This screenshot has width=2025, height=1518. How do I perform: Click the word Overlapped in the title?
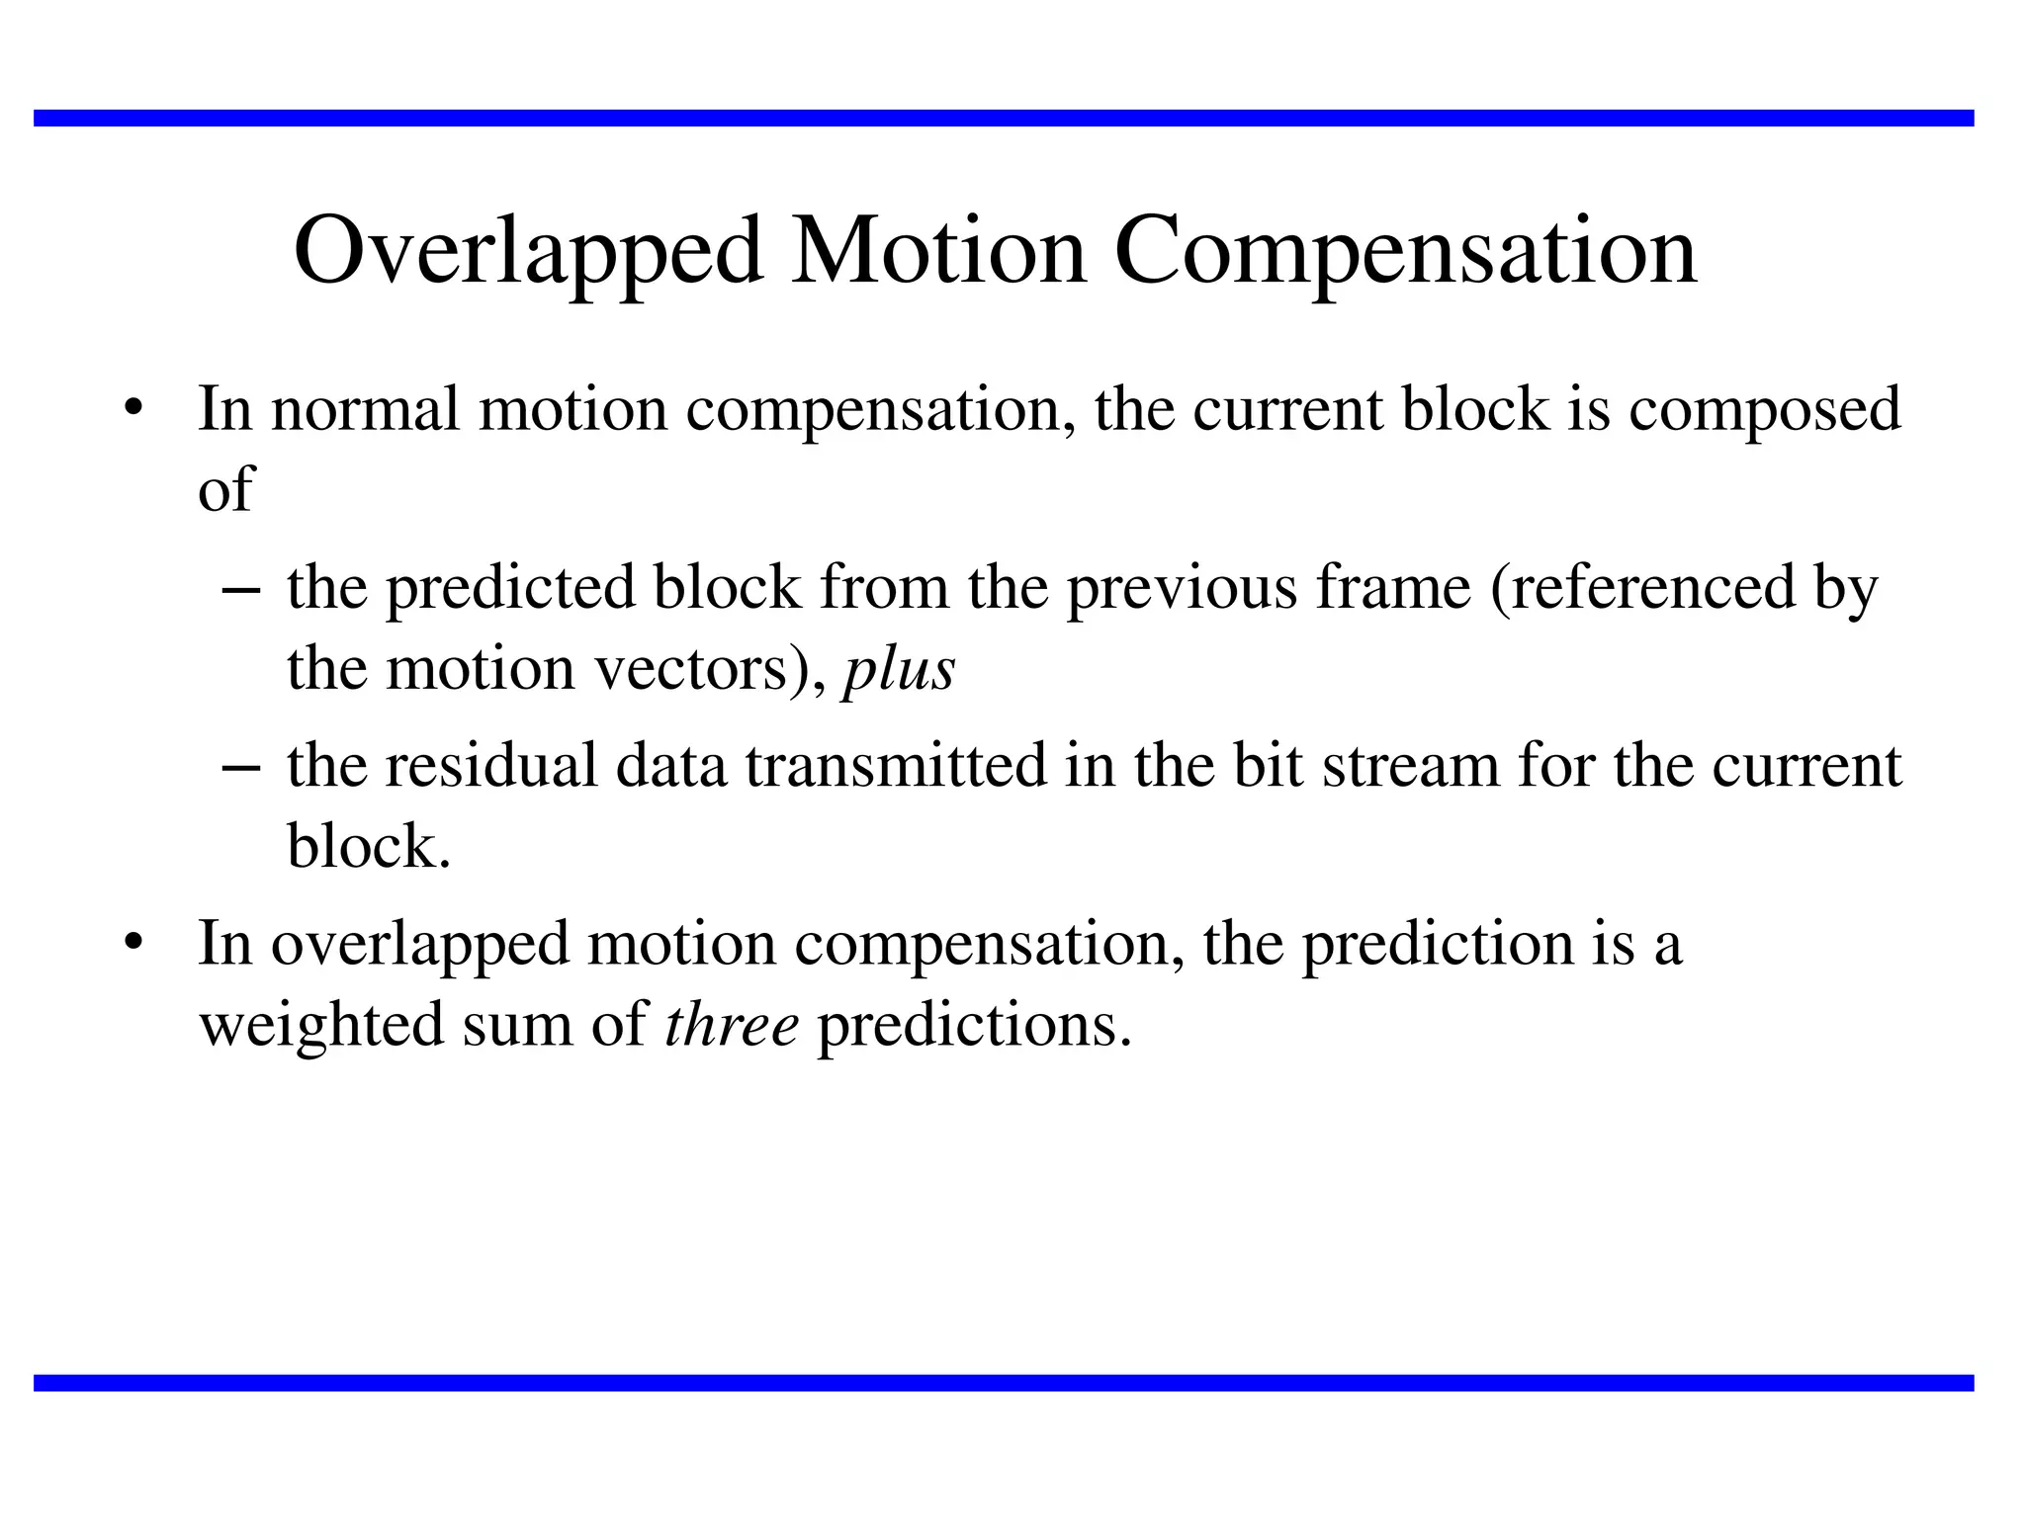coord(528,253)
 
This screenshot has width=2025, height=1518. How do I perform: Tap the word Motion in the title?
coord(938,253)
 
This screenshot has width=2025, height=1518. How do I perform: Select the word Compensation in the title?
coord(1405,253)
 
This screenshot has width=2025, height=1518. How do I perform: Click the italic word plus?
coord(898,669)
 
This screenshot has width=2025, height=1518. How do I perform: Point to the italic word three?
coord(732,1025)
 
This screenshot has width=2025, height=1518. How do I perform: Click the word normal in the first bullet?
coord(365,409)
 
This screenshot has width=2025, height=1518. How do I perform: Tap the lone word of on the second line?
coord(225,489)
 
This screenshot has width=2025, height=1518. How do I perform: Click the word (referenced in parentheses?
coord(1642,588)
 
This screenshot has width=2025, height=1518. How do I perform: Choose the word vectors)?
coord(709,669)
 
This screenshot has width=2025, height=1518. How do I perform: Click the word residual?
coord(490,766)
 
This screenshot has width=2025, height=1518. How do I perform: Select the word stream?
coord(1411,766)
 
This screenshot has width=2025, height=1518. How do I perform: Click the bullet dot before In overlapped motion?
coord(133,943)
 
